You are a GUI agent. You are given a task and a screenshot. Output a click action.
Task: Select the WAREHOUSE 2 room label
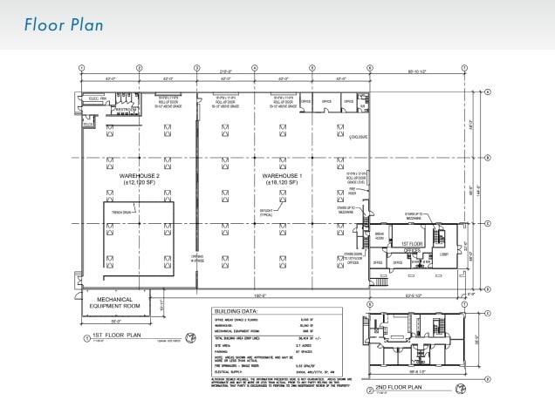(134, 179)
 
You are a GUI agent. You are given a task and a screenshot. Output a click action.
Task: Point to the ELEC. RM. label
(96, 100)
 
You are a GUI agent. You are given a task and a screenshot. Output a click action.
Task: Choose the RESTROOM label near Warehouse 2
(126, 110)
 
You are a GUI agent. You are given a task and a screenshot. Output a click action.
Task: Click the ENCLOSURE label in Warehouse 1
(358, 136)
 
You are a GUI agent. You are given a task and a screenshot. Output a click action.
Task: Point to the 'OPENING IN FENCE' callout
(198, 258)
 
